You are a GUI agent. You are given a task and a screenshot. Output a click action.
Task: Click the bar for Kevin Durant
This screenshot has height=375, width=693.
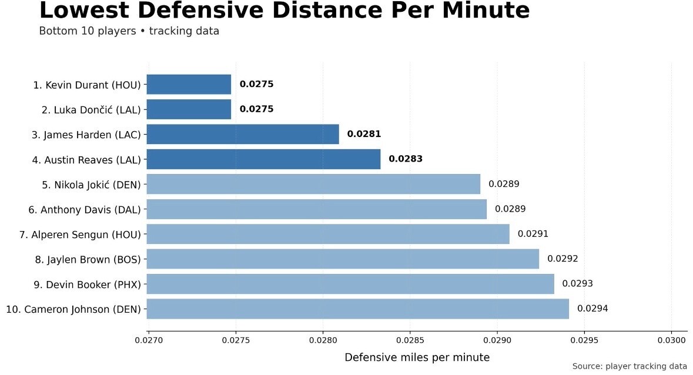pyautogui.click(x=189, y=85)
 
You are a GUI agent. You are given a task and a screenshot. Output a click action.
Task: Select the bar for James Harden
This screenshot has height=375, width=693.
pyautogui.click(x=243, y=134)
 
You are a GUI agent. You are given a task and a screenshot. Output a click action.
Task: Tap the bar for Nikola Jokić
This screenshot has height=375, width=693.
pyautogui.click(x=313, y=184)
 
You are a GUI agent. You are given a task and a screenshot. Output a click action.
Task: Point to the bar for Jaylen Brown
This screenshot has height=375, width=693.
pyautogui.click(x=343, y=259)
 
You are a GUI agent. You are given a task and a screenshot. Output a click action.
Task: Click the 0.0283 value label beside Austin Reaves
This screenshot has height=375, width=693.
pyautogui.click(x=406, y=159)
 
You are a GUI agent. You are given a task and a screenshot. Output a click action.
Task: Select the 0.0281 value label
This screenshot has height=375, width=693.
pyautogui.click(x=364, y=134)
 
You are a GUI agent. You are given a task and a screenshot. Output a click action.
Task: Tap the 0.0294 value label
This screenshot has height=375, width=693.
pyautogui.click(x=592, y=309)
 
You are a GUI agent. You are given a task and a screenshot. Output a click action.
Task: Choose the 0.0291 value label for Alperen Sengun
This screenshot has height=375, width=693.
pyautogui.click(x=533, y=234)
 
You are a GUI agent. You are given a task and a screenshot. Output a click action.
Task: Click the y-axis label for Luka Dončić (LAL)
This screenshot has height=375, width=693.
pyautogui.click(x=91, y=110)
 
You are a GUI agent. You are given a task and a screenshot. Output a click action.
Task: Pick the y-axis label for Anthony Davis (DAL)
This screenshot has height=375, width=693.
pyautogui.click(x=85, y=209)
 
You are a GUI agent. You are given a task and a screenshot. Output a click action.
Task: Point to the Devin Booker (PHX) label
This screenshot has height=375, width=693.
pyautogui.click(x=88, y=284)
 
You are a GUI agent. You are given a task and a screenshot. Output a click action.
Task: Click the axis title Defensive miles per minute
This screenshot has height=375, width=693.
pyautogui.click(x=417, y=357)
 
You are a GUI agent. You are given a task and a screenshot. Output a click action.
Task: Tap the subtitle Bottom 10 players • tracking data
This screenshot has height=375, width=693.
pyautogui.click(x=129, y=31)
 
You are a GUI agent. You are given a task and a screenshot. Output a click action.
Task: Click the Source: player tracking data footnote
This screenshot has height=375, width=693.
pyautogui.click(x=630, y=366)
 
